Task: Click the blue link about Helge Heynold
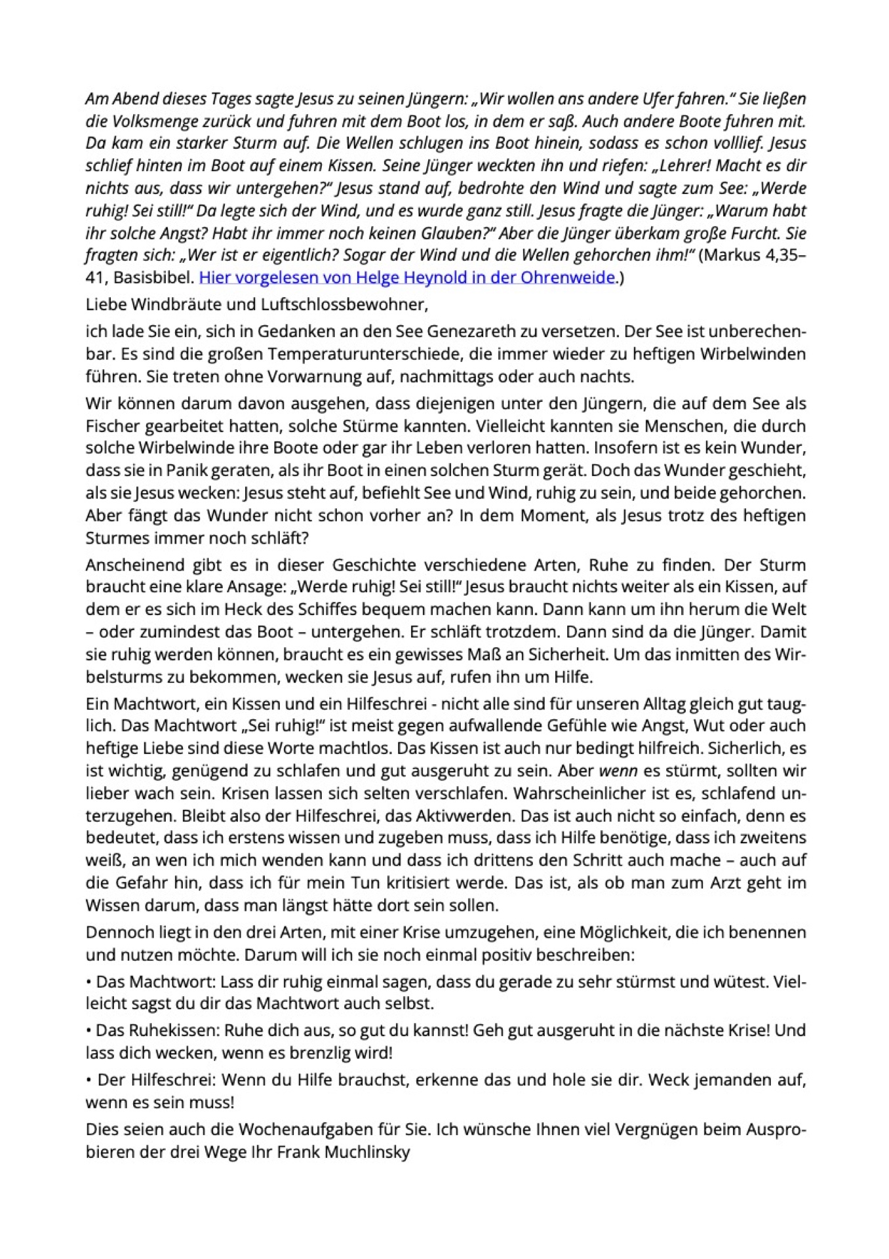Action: tap(406, 277)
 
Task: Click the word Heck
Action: tap(243, 609)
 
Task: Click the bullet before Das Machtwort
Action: tap(89, 982)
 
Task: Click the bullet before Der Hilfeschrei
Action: tap(89, 1079)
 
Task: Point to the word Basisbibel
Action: tap(154, 277)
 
